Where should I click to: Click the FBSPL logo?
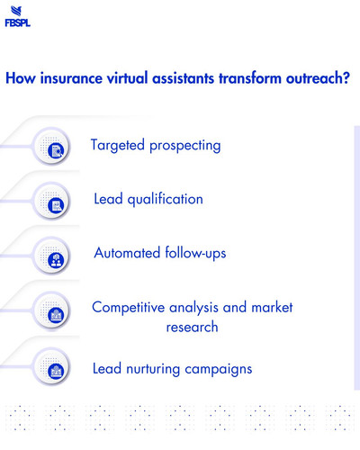[x=17, y=17]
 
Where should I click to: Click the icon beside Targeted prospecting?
[x=57, y=148]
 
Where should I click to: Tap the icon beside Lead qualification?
[x=57, y=205]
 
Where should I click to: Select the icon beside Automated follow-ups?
[x=57, y=258]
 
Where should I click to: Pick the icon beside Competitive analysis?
[x=57, y=314]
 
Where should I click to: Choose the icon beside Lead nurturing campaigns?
[x=57, y=369]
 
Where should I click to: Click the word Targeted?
[x=121, y=145]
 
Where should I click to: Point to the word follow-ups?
[x=195, y=253]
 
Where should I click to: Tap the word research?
[x=192, y=327]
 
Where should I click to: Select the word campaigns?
[x=221, y=370]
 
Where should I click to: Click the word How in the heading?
[x=21, y=78]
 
